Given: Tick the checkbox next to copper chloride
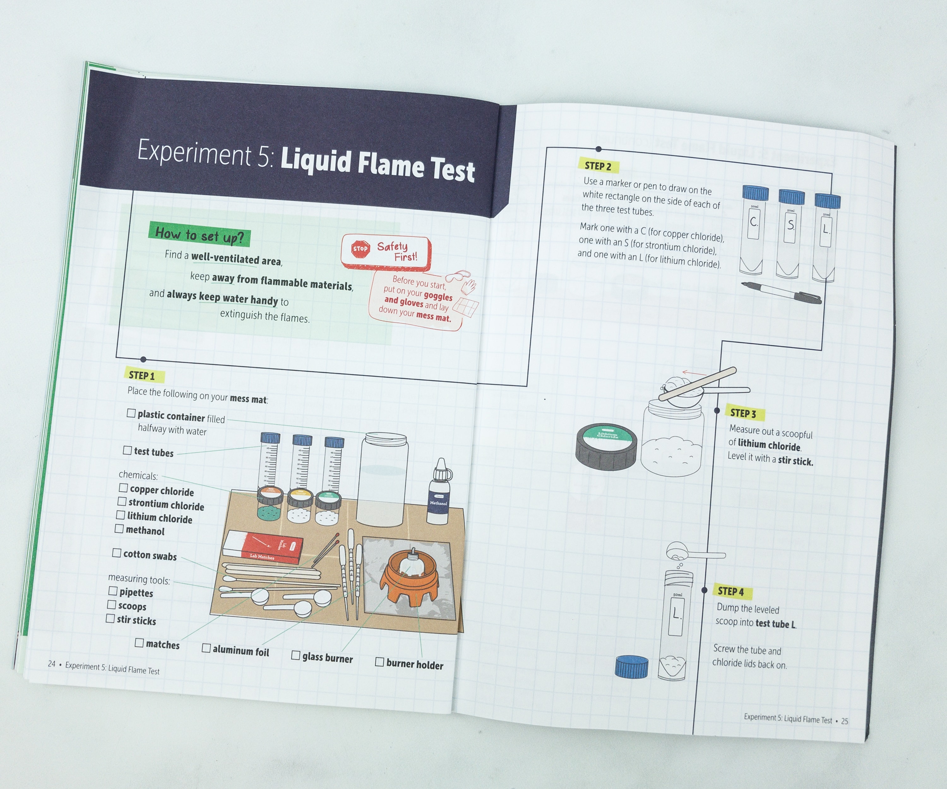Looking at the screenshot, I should click(123, 488).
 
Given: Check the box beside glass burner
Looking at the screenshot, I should click(295, 655).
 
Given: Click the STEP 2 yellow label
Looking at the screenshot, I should click(598, 166).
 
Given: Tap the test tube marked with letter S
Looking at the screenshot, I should click(790, 233).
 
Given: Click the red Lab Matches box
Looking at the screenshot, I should click(263, 547).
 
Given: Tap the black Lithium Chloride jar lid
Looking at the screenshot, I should click(606, 446).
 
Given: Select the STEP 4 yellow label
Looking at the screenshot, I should click(730, 591).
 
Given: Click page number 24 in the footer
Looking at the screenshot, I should click(51, 664).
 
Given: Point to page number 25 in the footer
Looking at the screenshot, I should click(844, 721).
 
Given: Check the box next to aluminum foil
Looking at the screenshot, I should click(206, 648).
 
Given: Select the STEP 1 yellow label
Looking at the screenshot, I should click(142, 375).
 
